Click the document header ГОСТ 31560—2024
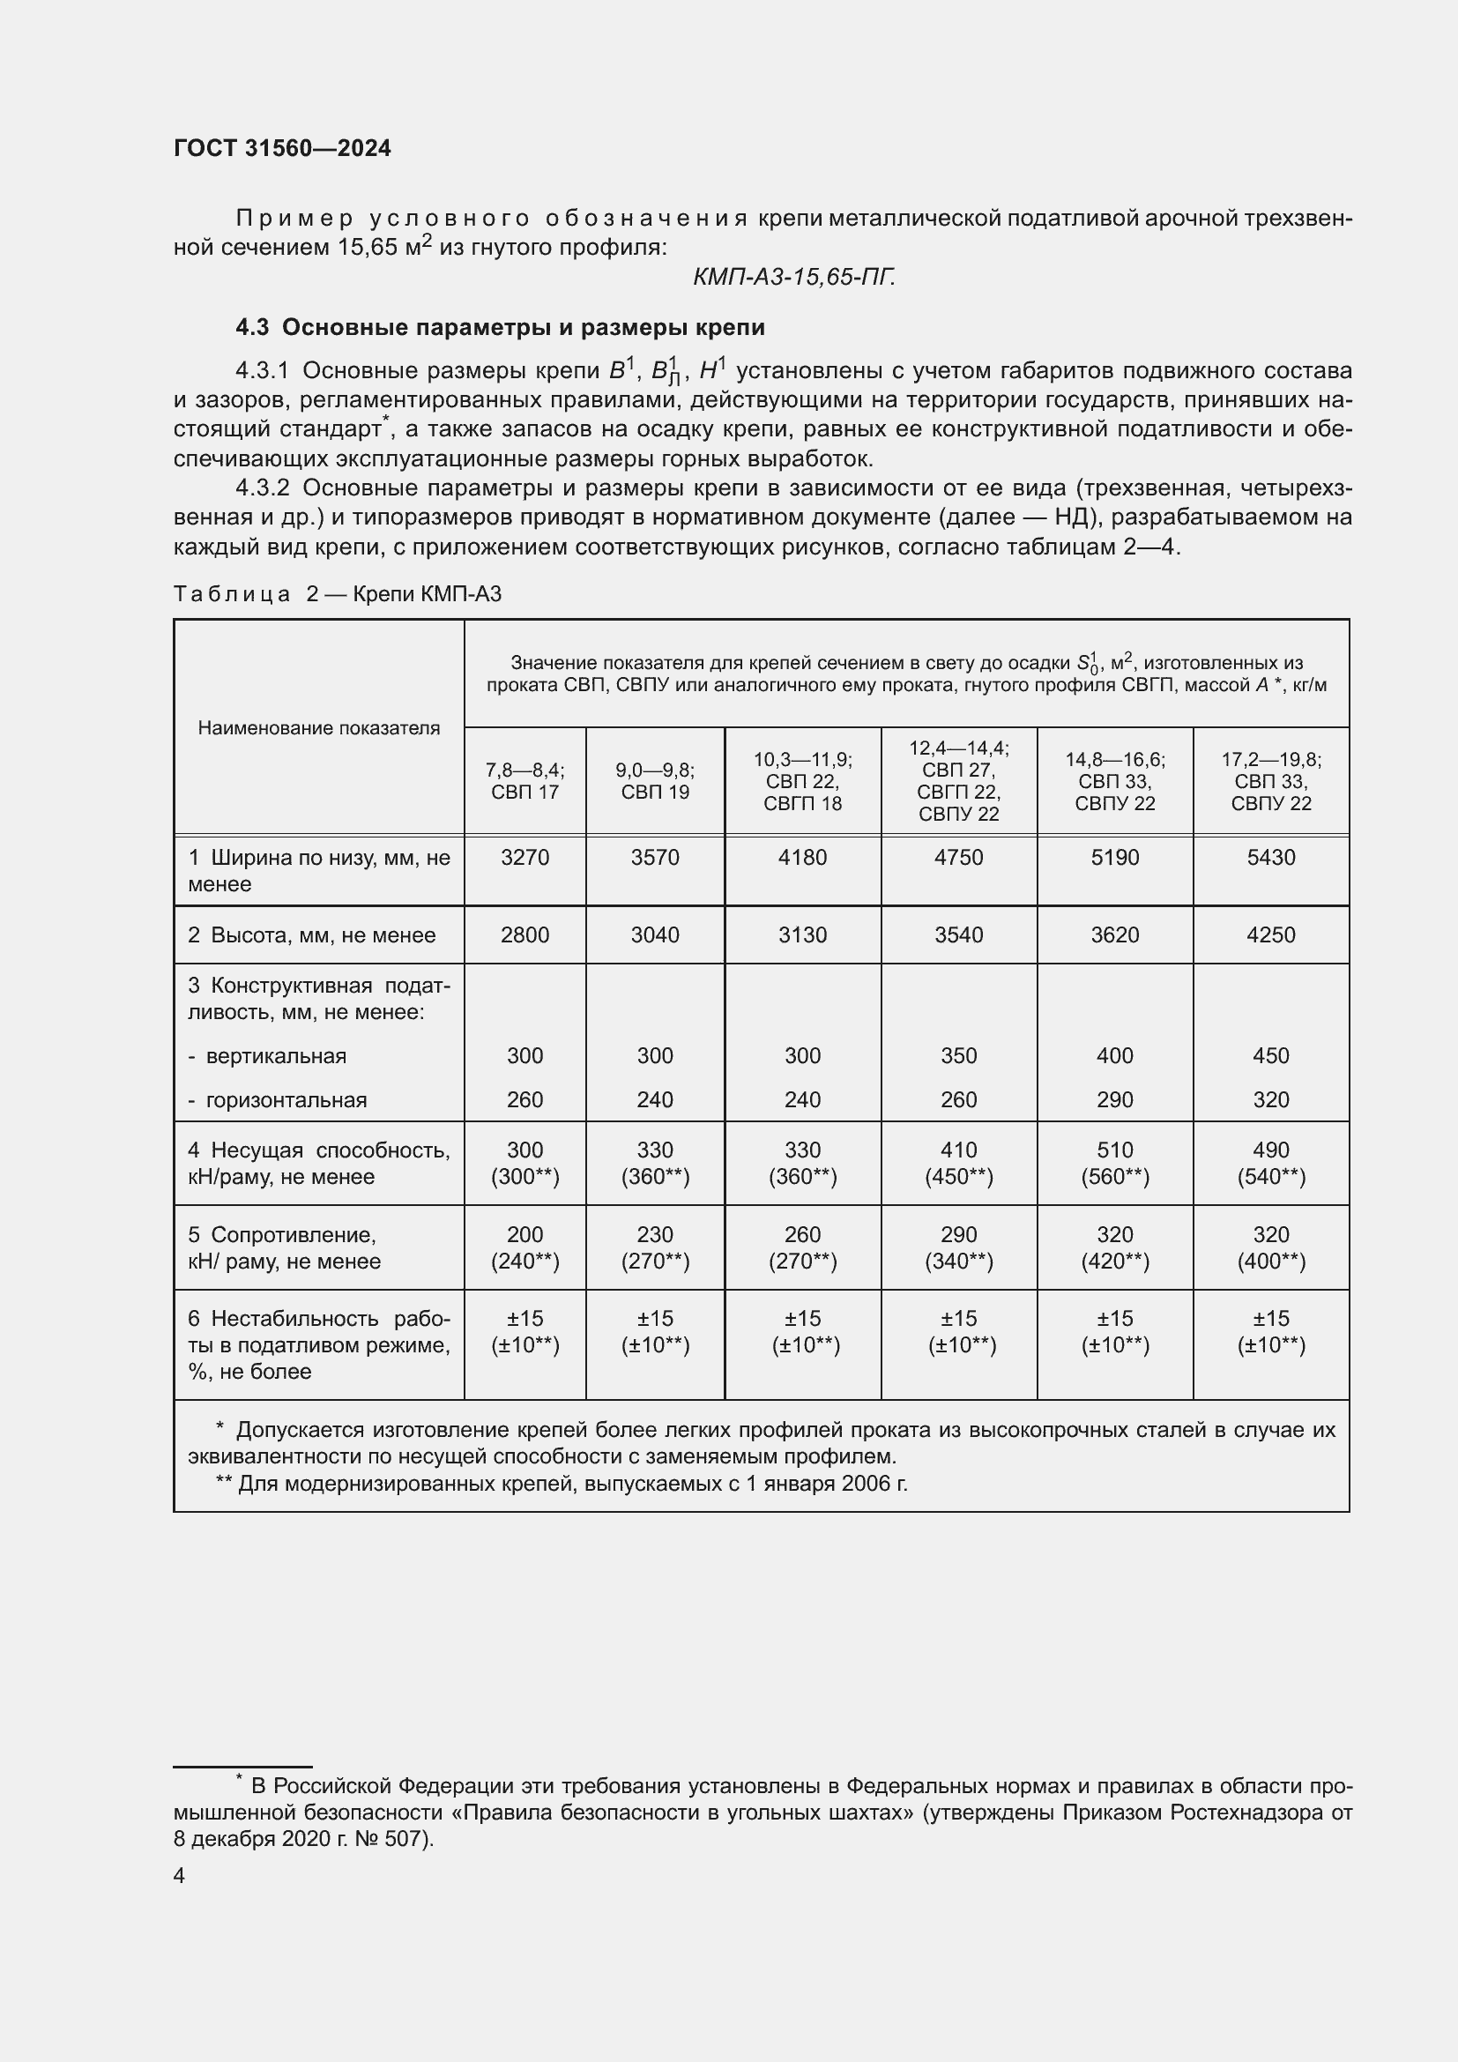[x=282, y=148]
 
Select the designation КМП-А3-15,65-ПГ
[x=793, y=277]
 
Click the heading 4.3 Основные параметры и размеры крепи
[x=500, y=327]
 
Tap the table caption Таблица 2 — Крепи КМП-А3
[x=337, y=593]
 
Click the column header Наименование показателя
[x=319, y=727]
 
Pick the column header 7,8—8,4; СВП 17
[x=524, y=780]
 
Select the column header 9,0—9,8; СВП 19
[x=654, y=780]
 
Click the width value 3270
[x=524, y=857]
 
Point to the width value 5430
[x=1270, y=857]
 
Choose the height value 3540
[x=958, y=934]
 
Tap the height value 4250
[x=1270, y=934]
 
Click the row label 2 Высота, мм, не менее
[x=311, y=934]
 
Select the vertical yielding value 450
[x=1270, y=1055]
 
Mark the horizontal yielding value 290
[x=1114, y=1099]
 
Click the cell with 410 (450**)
[x=958, y=1163]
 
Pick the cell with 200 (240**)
[x=524, y=1247]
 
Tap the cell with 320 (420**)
[x=1114, y=1247]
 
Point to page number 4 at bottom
[x=179, y=1875]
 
